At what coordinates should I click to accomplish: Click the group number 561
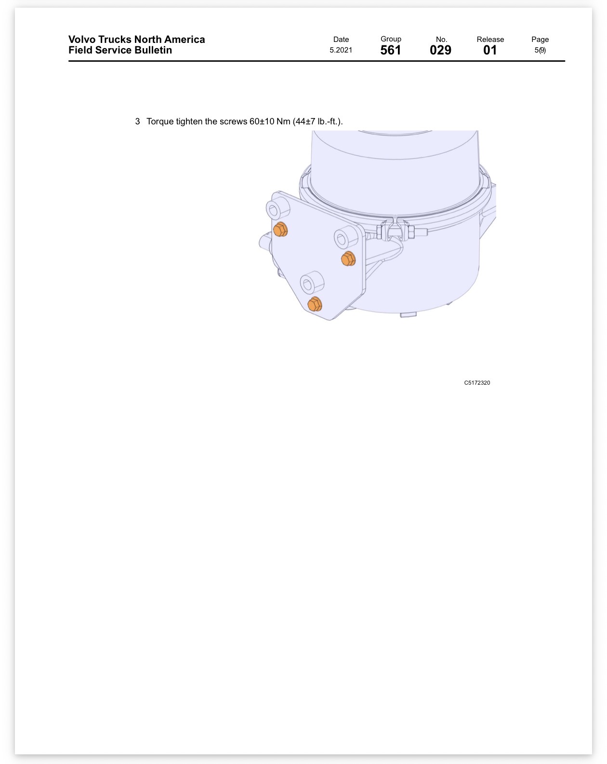pos(391,50)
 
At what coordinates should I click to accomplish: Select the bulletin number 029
pos(440,50)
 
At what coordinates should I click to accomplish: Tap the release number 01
pos(489,50)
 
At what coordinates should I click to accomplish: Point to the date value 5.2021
pos(341,50)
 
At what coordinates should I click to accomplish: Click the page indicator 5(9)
pos(540,50)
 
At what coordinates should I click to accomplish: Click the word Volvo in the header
pos(82,39)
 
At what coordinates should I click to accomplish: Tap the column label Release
pos(490,39)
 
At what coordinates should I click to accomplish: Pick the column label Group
pos(391,39)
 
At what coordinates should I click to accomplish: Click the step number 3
pos(137,121)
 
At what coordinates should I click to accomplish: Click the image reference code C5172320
pos(477,382)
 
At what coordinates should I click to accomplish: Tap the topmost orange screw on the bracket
pos(280,229)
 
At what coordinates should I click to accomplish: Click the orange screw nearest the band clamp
pos(348,258)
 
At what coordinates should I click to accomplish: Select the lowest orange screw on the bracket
pos(315,304)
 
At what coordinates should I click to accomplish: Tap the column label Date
pos(341,39)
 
